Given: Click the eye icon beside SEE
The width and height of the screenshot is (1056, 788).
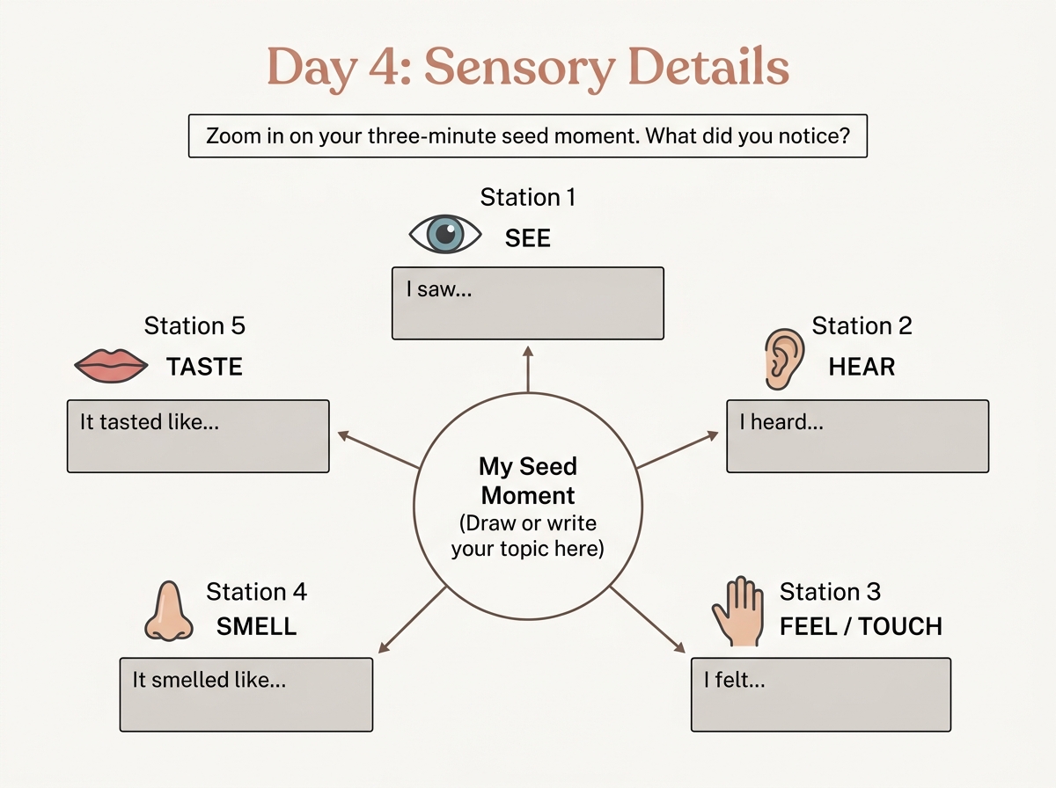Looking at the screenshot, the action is (x=445, y=234).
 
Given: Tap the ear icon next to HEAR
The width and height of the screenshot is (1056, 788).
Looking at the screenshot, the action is (x=784, y=359).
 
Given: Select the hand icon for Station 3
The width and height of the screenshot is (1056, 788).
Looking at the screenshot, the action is (x=738, y=611).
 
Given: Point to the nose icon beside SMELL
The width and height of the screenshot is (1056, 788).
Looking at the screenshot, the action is (x=169, y=611).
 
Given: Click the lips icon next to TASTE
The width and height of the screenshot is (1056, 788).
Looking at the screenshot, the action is (x=111, y=366).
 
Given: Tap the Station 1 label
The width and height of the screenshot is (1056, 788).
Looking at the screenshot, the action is (x=528, y=197).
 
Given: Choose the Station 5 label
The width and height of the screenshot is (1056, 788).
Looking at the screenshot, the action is (x=194, y=325).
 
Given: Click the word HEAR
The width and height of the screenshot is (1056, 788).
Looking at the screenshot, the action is (x=862, y=367).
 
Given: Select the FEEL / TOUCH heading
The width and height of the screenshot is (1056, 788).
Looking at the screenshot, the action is (x=861, y=626).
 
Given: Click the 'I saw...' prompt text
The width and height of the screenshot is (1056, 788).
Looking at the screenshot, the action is (x=439, y=289).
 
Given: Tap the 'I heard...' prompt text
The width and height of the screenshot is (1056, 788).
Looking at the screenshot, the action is (x=781, y=421).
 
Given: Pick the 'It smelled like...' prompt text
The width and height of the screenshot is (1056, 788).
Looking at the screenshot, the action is (x=209, y=680).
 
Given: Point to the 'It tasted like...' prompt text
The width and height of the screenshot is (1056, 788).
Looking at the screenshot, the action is (x=150, y=421).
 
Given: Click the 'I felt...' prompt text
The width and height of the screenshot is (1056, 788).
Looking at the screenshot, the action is (x=734, y=680).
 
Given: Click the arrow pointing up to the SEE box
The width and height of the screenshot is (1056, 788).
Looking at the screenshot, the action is (x=528, y=369).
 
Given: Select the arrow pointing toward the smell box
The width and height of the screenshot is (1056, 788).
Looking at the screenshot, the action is (x=412, y=620).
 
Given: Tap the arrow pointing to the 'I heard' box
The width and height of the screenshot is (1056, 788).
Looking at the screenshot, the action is (x=678, y=449).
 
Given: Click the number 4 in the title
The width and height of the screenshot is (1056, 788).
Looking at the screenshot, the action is (x=384, y=67).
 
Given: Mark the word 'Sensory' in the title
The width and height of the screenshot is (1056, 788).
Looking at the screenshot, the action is (x=519, y=69).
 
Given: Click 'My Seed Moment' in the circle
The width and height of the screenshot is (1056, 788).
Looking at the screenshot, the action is (x=528, y=481).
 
